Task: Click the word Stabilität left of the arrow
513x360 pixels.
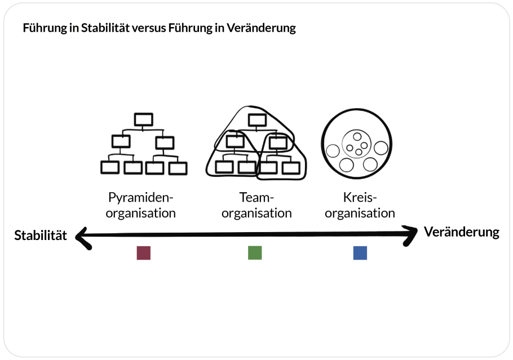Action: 41,235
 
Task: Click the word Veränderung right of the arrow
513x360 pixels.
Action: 461,232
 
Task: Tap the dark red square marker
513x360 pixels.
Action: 144,253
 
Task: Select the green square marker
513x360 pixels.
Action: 255,253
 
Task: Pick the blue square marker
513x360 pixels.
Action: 360,253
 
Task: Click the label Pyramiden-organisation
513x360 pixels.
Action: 141,206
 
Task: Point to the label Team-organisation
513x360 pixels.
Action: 256,206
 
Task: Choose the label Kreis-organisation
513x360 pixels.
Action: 360,206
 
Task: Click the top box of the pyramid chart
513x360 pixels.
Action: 144,119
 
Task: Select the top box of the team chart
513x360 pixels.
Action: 257,119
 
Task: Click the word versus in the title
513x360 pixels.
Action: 149,29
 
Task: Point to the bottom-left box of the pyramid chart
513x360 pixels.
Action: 109,167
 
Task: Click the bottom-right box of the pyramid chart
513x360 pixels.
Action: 178,167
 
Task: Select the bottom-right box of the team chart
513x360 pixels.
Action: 291,167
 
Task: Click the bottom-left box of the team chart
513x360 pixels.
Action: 224,167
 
